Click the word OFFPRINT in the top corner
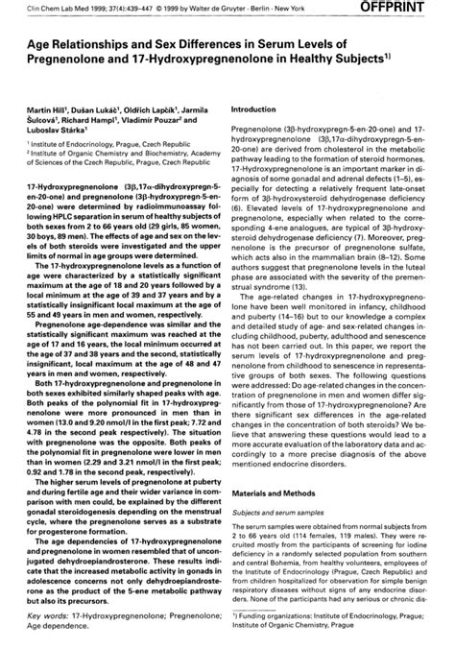pos(415,8)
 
